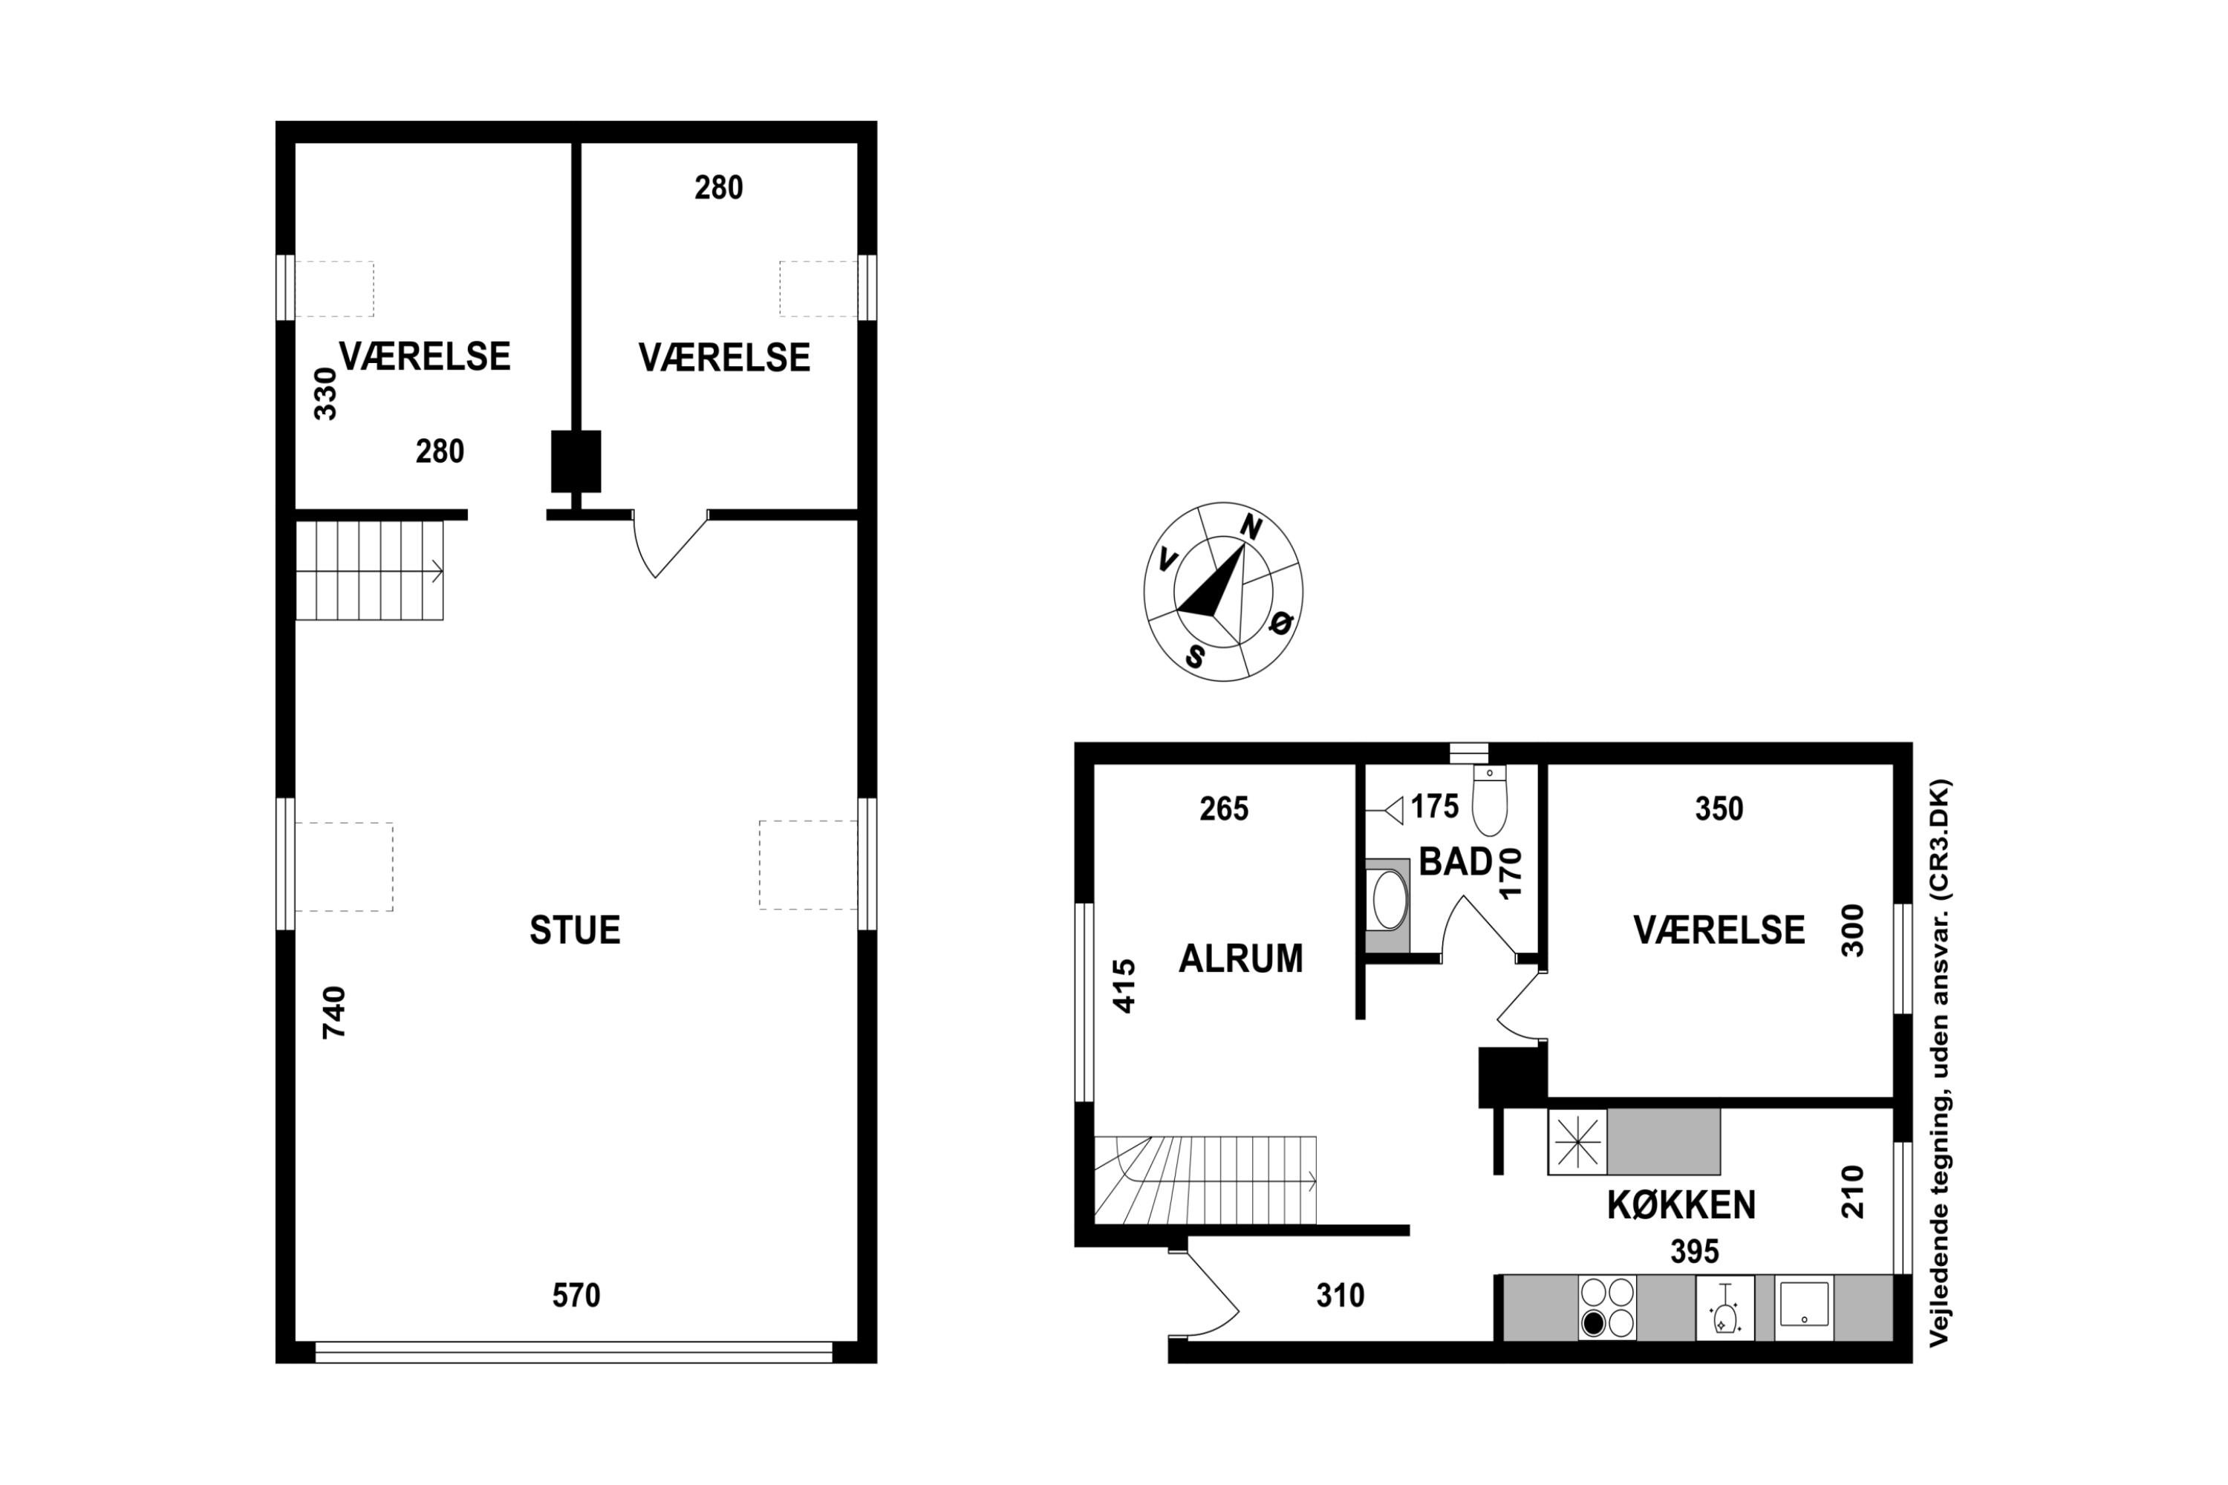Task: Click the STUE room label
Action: click(x=575, y=930)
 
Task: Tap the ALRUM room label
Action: click(x=1240, y=959)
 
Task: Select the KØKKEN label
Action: click(x=1681, y=1204)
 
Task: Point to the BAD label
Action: click(x=1456, y=862)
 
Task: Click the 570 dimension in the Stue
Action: click(x=576, y=1295)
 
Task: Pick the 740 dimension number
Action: click(x=334, y=1013)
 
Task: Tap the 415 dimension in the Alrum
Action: click(x=1124, y=987)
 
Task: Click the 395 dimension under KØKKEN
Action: click(x=1695, y=1252)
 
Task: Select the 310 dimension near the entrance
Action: click(x=1341, y=1295)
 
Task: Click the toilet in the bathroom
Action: click(x=1489, y=800)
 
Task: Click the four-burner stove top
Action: click(x=1608, y=1308)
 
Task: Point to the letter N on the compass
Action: click(x=1251, y=527)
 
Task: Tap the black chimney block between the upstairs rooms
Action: click(x=576, y=461)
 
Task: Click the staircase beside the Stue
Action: click(x=369, y=570)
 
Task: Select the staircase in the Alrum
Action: click(x=1205, y=1180)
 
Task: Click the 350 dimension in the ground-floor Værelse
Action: click(x=1719, y=809)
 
